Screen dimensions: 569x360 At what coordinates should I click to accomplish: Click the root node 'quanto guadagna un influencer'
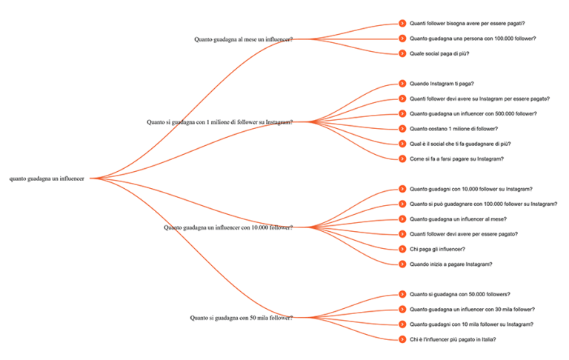click(x=47, y=179)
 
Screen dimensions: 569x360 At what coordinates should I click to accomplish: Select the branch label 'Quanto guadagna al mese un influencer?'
click(x=244, y=39)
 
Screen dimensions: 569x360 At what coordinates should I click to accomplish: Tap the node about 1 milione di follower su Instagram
click(x=219, y=122)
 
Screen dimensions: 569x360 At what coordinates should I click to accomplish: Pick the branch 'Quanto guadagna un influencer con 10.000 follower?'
click(x=228, y=227)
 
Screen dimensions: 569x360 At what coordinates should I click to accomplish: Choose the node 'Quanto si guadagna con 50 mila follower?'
click(x=242, y=318)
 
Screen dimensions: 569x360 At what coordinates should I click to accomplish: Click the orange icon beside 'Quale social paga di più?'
click(x=402, y=53)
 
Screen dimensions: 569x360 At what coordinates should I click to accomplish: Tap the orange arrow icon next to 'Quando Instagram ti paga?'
click(x=402, y=84)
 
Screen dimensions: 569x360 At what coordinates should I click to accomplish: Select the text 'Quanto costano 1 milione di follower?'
click(x=453, y=129)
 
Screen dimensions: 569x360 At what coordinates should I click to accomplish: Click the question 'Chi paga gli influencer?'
click(x=437, y=250)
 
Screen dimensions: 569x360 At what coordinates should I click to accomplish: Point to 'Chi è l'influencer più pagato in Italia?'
click(x=453, y=340)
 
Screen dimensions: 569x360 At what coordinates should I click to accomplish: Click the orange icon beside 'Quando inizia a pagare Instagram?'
click(x=402, y=264)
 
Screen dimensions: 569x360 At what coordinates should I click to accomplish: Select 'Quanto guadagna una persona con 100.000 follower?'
click(x=473, y=39)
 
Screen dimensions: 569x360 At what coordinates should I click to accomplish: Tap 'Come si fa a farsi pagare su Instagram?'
click(x=456, y=159)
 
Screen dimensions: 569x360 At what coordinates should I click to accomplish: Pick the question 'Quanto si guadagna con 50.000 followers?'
click(x=460, y=294)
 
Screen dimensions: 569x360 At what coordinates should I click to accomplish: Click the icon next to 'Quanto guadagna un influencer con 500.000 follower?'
click(x=402, y=113)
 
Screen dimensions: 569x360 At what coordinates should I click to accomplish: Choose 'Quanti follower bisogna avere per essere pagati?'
click(x=467, y=24)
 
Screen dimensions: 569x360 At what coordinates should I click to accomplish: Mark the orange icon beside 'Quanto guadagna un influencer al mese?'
click(x=402, y=219)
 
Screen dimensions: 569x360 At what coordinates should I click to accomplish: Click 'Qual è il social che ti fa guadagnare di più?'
click(x=460, y=144)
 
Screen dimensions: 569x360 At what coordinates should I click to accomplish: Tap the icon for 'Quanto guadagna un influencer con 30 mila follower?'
click(x=402, y=309)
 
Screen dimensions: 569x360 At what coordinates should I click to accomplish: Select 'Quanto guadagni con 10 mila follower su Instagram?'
click(x=471, y=324)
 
